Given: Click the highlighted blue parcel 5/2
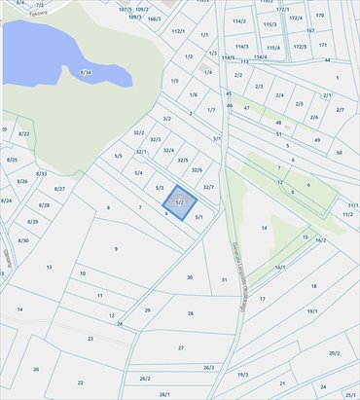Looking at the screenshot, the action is coord(180,203).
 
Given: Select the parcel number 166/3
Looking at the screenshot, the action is coord(154,18).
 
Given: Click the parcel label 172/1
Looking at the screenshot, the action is coord(283,10).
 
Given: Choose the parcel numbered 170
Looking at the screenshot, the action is coord(319,16).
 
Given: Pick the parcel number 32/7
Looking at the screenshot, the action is coord(207,185).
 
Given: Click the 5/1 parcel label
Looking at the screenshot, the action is coord(198,217).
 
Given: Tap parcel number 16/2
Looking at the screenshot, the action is coord(320,239).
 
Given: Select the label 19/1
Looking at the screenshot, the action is coord(312,310).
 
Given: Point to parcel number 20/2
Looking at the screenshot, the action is coord(335,353).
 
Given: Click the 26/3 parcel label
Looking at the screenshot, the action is coord(208,367).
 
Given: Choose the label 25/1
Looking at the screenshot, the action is coord(349,394).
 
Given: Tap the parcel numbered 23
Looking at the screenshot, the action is coord(90,338).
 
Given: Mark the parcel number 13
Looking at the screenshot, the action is coord(49,266).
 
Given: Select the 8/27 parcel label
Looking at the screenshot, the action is coord(59,188).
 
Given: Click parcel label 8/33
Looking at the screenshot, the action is coord(41,173).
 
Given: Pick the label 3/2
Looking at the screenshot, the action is coord(167,119).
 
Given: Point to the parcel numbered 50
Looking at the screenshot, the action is coord(339,153).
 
